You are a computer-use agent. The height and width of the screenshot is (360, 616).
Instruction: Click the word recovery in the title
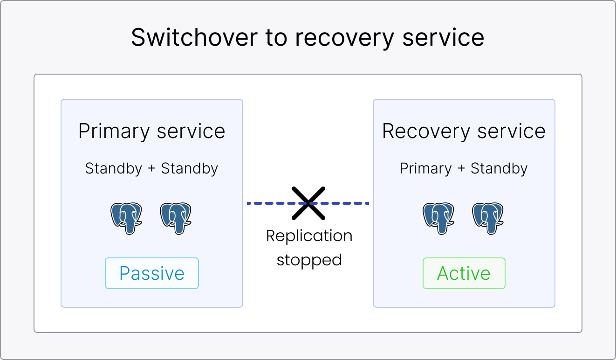344,38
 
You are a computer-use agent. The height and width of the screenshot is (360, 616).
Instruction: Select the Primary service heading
151,131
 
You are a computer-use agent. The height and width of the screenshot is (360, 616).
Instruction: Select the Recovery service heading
464,131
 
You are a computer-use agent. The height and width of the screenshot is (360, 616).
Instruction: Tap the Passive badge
152,273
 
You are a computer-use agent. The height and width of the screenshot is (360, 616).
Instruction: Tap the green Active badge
464,273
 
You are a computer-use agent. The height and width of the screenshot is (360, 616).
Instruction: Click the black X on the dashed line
308,203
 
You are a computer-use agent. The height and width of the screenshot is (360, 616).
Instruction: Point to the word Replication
309,236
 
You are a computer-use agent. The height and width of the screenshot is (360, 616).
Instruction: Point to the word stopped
309,260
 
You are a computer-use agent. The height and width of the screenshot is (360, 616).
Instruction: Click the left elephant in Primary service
126,217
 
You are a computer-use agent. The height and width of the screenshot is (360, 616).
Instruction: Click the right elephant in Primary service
176,217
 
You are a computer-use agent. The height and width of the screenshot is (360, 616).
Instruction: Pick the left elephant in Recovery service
438,217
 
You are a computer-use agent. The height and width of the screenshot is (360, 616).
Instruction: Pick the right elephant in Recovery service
488,217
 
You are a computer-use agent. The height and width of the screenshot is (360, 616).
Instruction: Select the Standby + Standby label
151,168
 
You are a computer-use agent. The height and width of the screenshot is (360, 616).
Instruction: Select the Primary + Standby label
464,168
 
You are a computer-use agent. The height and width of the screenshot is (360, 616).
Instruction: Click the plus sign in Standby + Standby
151,169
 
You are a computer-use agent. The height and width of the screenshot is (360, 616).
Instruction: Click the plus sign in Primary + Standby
461,169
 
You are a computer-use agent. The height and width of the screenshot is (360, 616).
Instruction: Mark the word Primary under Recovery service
425,168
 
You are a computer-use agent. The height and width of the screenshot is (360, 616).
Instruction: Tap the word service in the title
443,38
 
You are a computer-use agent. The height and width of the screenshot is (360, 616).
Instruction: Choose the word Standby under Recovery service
499,168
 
